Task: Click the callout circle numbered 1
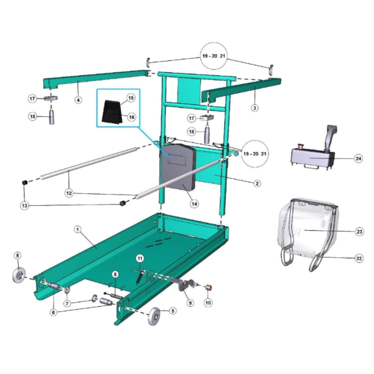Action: tap(78, 229)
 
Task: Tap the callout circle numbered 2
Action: tap(257, 184)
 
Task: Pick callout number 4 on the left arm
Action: tap(78, 100)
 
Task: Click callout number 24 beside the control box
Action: tap(359, 159)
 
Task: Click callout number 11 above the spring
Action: tap(140, 258)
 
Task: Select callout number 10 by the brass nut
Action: tap(208, 302)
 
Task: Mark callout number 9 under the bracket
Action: tap(189, 302)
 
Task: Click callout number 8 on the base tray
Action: tap(115, 274)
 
